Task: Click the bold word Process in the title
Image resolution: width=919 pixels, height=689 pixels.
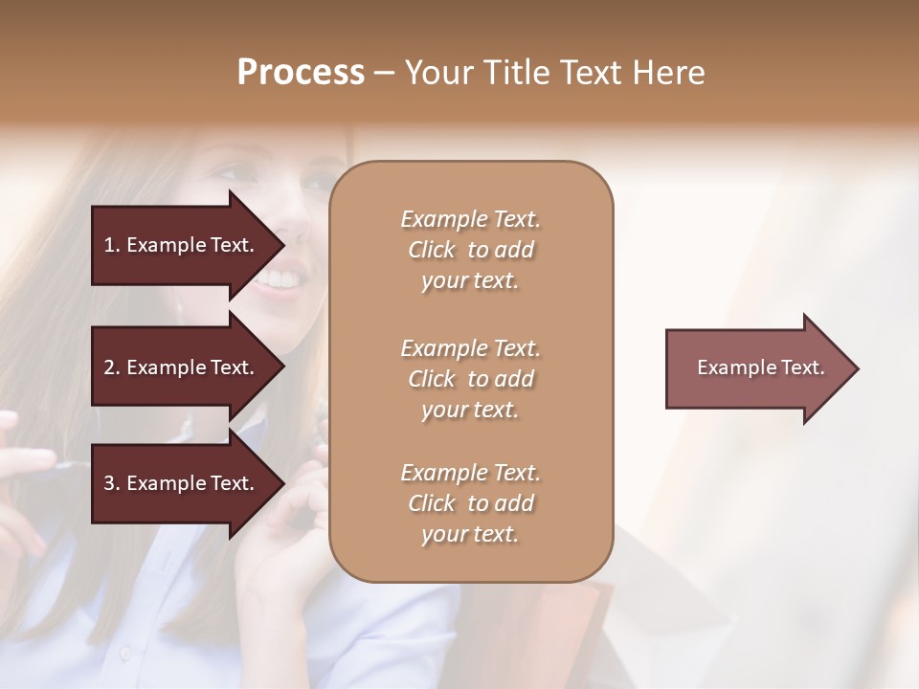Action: click(301, 73)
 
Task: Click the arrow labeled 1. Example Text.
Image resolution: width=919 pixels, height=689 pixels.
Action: click(182, 245)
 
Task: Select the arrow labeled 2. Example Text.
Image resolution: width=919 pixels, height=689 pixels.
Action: click(182, 367)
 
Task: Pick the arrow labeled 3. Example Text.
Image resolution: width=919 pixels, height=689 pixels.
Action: click(182, 483)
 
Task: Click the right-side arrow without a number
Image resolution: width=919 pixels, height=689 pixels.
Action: click(756, 368)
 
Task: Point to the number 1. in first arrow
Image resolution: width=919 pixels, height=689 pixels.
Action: click(111, 245)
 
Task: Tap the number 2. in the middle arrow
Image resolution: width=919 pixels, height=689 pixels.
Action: click(111, 367)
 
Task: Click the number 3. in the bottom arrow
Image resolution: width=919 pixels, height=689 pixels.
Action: click(111, 483)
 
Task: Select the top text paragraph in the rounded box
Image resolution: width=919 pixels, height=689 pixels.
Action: click(470, 250)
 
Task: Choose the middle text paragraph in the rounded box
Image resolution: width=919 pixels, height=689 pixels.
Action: click(470, 379)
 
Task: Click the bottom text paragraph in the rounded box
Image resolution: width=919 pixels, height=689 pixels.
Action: click(470, 503)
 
